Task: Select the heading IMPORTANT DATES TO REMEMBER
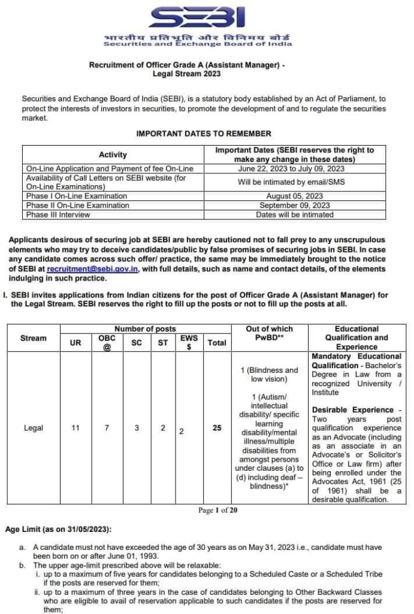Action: [204, 134]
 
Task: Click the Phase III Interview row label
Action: [58, 214]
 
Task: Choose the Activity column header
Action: [113, 155]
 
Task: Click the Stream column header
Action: [33, 338]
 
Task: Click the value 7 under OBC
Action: [106, 429]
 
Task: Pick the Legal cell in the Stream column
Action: [33, 429]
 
